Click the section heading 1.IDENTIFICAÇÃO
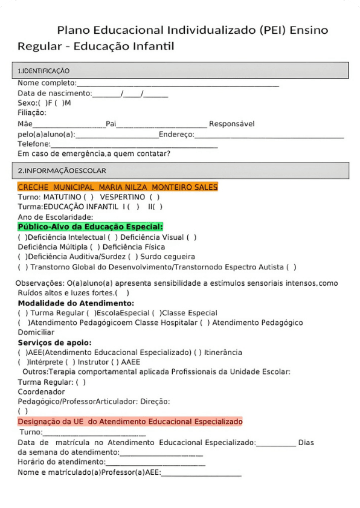point(44,71)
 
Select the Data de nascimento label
point(54,93)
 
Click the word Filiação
point(31,112)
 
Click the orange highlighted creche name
point(118,187)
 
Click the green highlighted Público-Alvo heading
point(91,227)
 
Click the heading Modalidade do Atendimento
point(76,303)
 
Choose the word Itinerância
point(223,352)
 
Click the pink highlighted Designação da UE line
point(130,421)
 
